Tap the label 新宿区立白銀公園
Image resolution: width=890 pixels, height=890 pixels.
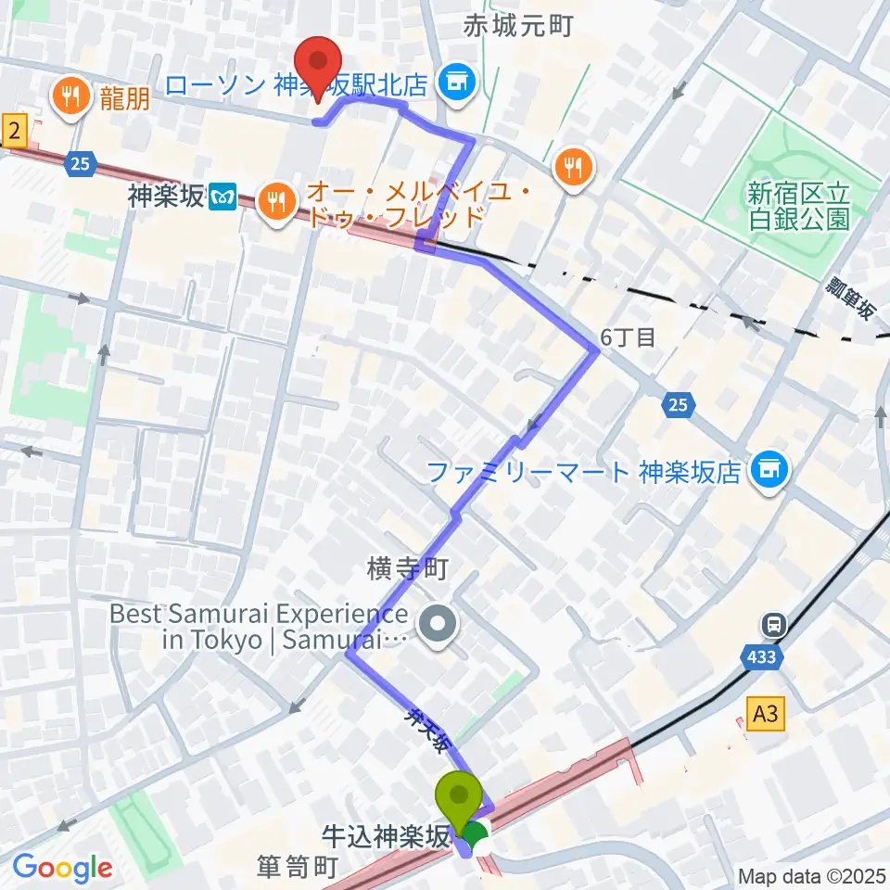point(798,207)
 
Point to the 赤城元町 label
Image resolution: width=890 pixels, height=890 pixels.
point(518,27)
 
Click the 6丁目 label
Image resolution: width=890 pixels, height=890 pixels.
point(629,338)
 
